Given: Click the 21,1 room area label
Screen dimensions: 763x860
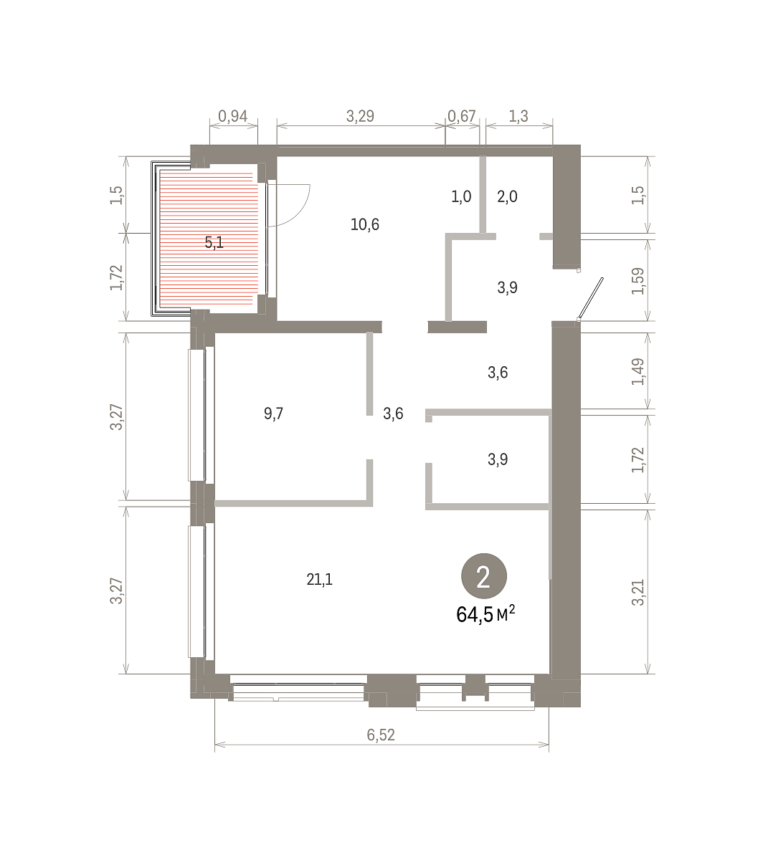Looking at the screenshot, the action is (x=320, y=579).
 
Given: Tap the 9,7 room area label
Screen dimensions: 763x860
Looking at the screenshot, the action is (x=273, y=414).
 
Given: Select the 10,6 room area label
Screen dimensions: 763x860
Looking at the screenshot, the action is (x=364, y=224).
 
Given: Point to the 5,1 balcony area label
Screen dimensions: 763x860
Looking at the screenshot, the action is (x=214, y=242).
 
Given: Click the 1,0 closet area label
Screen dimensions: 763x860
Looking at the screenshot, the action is (x=461, y=196).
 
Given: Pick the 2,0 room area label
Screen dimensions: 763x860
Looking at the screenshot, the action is (x=507, y=196).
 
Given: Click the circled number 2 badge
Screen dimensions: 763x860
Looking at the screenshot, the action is (x=484, y=576).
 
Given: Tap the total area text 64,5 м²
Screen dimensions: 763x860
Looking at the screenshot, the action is (x=485, y=614).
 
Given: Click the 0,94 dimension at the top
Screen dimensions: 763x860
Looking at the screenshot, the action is (x=232, y=116).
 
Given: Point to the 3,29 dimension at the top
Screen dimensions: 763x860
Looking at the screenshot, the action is (x=360, y=116).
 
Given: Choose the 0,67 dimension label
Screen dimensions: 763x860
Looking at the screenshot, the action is (x=461, y=116).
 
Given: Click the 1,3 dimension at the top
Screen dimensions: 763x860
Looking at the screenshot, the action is (x=518, y=116).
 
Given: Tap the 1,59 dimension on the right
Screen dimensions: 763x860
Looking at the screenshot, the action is (x=638, y=281).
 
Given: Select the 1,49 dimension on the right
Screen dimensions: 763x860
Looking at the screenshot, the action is (x=638, y=372).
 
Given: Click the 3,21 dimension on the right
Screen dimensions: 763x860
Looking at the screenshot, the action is (x=638, y=592).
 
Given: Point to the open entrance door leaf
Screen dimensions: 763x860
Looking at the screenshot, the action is (x=590, y=298).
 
